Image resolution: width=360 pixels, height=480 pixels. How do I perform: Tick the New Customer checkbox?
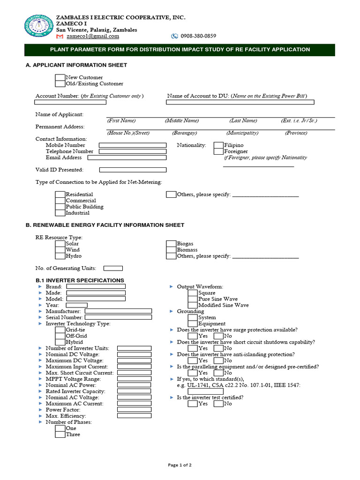coord(60,77)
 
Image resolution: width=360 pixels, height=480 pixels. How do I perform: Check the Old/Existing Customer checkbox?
coord(60,84)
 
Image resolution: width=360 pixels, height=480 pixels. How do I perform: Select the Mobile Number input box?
coord(133,145)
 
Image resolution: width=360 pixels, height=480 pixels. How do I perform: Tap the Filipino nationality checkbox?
coord(218,145)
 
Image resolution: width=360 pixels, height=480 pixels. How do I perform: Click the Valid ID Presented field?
coord(133,170)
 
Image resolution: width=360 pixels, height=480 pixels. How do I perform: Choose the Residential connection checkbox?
coord(60,195)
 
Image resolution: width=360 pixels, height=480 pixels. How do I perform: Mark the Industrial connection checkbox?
coord(60,213)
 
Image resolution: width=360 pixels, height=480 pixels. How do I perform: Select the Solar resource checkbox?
coord(60,244)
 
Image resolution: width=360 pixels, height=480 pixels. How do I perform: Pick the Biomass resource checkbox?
coord(171,250)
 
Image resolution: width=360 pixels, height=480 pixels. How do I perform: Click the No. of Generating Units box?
coord(113,268)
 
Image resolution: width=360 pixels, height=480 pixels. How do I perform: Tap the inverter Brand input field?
coord(96,287)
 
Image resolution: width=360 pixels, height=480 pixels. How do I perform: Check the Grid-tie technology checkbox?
coord(60,330)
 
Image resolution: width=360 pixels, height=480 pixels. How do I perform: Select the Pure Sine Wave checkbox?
coord(193,299)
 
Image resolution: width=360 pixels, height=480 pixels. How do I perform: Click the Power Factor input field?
coord(134,409)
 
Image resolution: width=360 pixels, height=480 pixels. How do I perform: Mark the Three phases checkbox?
coord(60,435)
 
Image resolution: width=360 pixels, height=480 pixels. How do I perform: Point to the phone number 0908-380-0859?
coord(198,36)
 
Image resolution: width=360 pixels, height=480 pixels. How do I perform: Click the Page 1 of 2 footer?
coord(180,465)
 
